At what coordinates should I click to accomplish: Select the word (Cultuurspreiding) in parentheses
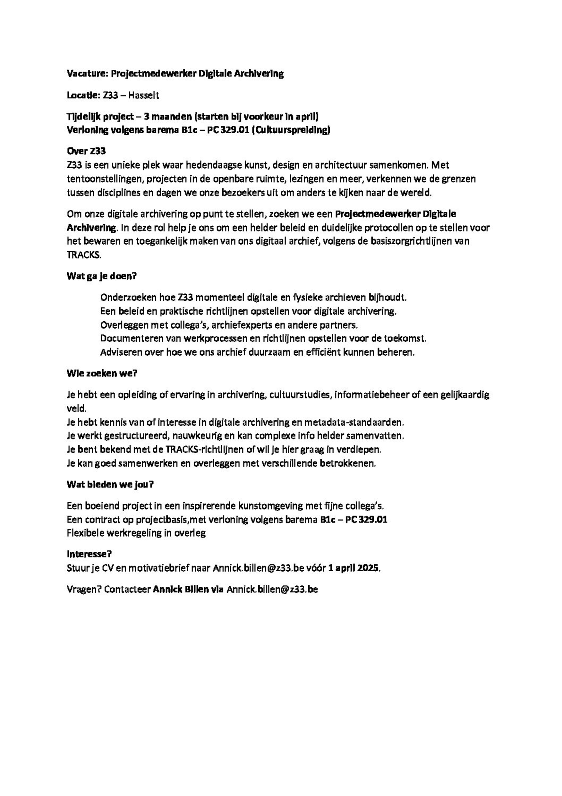(291, 130)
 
